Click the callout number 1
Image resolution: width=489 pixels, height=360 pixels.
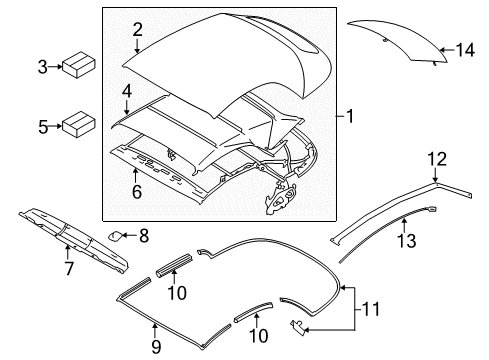click(351, 117)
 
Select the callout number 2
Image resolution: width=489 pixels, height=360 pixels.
click(138, 30)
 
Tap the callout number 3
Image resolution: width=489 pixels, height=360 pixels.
click(43, 67)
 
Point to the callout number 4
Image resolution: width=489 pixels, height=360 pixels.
click(126, 92)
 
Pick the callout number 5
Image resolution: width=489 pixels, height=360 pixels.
click(43, 127)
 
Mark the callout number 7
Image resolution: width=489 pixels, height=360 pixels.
click(68, 268)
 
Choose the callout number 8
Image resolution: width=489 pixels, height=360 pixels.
click(143, 236)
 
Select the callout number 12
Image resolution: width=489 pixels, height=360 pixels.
click(436, 157)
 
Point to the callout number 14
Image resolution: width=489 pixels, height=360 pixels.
click(463, 48)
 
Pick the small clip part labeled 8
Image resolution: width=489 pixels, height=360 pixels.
click(118, 237)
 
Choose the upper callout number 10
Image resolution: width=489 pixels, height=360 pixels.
click(175, 292)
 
